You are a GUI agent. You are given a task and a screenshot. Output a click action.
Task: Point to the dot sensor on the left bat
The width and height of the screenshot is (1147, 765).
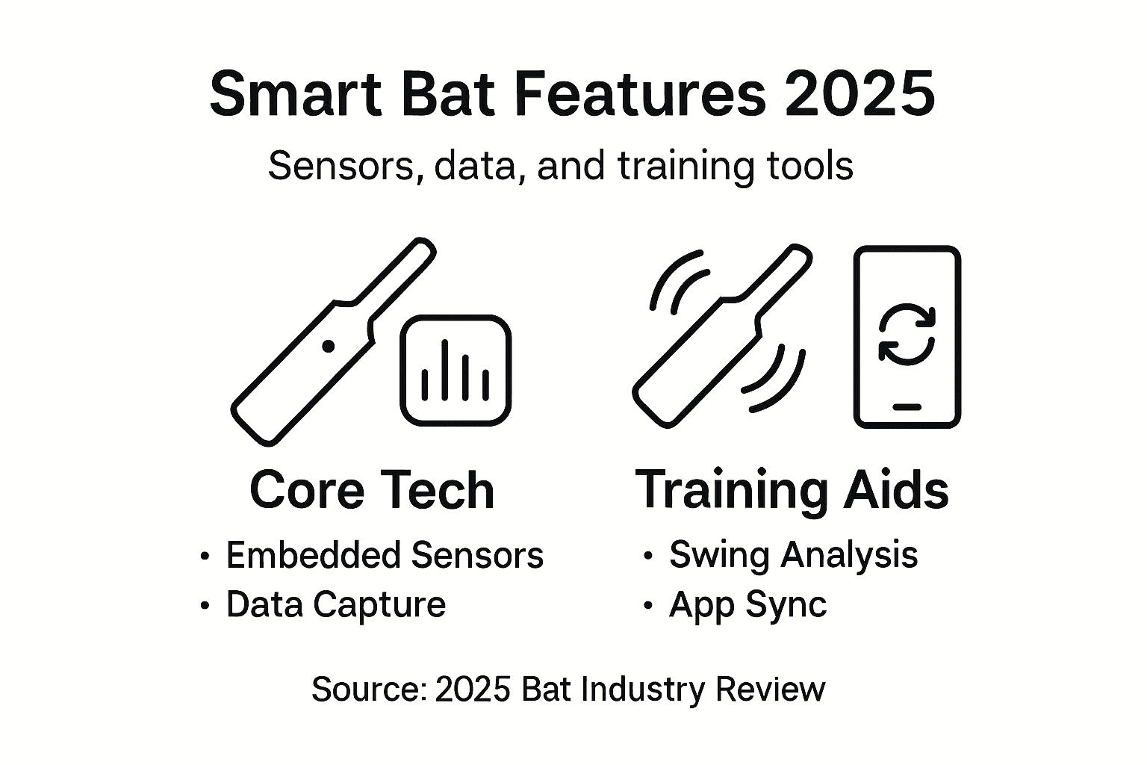[328, 346]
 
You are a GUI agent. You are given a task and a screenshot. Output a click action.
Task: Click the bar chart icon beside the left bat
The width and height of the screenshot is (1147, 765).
[456, 371]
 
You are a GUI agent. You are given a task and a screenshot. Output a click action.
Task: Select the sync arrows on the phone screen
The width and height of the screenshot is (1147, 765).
[907, 333]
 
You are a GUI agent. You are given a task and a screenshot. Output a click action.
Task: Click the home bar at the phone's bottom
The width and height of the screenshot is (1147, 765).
[907, 407]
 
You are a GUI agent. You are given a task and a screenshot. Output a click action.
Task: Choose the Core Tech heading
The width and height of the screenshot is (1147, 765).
[372, 490]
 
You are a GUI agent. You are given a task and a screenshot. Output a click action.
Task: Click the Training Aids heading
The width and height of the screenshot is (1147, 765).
[792, 490]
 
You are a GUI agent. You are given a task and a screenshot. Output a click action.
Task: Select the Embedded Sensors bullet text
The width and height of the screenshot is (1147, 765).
[385, 556]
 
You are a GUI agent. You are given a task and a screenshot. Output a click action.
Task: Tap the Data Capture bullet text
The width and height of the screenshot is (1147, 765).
[335, 604]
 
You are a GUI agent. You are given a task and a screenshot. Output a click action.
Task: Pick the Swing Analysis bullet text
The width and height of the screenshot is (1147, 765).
[793, 555]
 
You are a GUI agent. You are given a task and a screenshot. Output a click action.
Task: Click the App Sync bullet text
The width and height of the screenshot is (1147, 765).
[747, 604]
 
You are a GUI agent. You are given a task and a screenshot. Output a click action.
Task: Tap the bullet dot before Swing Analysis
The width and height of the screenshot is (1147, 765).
[647, 557]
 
